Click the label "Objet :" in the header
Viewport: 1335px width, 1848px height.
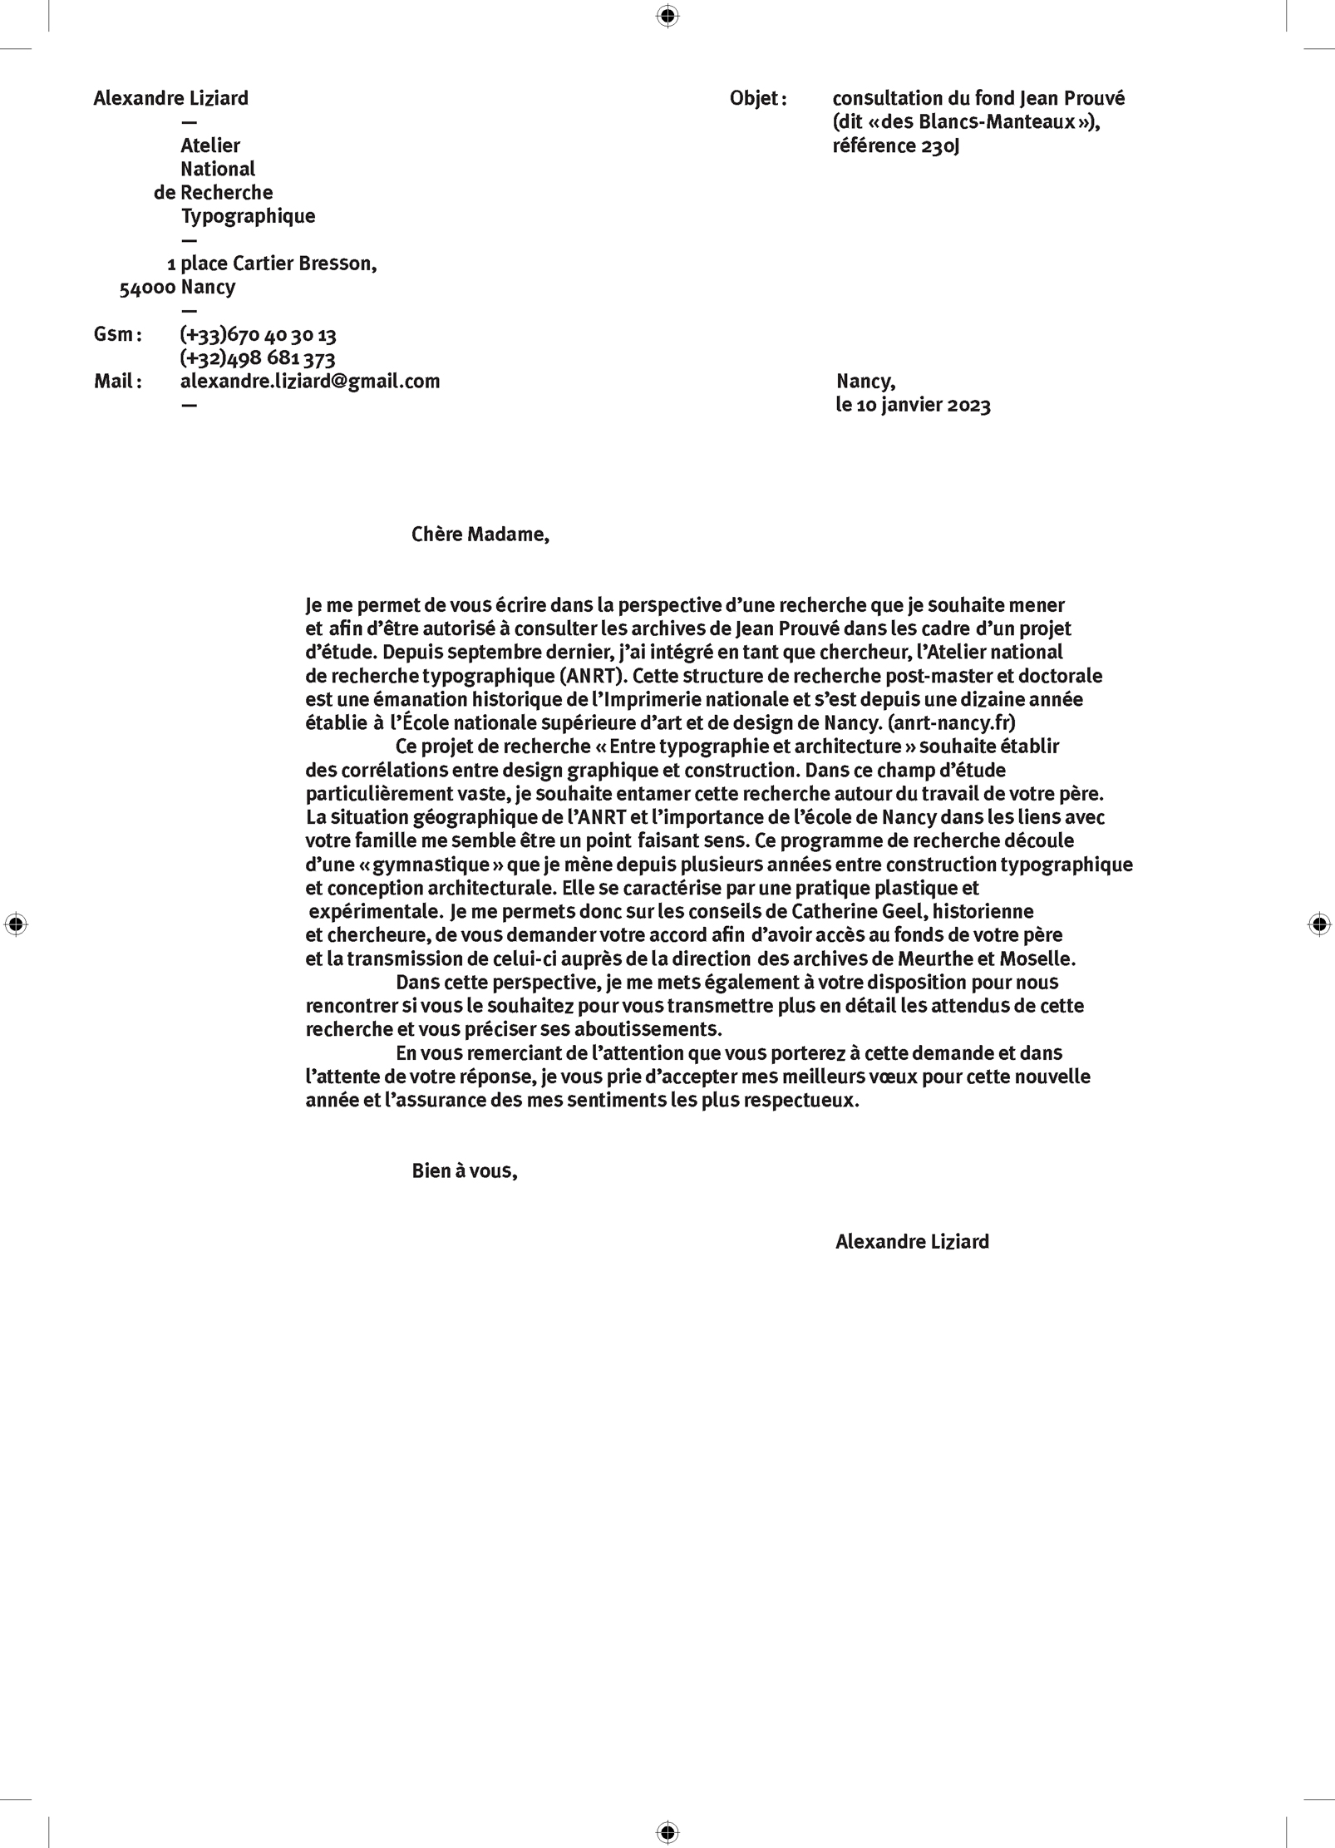pyautogui.click(x=757, y=99)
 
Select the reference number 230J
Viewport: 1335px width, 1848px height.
pyautogui.click(x=940, y=146)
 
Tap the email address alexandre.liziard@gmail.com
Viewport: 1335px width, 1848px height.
pyautogui.click(x=310, y=382)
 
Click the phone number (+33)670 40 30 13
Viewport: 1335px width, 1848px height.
pyautogui.click(x=258, y=335)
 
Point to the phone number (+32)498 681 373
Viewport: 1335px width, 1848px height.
pyautogui.click(x=258, y=358)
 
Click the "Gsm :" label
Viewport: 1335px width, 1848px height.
pyautogui.click(x=117, y=335)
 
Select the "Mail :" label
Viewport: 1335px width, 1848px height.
pyautogui.click(x=117, y=382)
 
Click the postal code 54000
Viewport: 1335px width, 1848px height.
pyautogui.click(x=147, y=288)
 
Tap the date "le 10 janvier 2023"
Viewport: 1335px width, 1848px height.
pyautogui.click(x=913, y=405)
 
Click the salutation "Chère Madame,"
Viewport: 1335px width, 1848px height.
pyautogui.click(x=480, y=535)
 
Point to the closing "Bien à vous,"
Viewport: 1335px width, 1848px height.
pyautogui.click(x=465, y=1171)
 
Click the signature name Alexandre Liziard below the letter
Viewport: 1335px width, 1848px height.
pyautogui.click(x=912, y=1242)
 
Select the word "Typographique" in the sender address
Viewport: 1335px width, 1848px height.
pyautogui.click(x=248, y=216)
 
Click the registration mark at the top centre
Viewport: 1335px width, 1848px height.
pyautogui.click(x=667, y=16)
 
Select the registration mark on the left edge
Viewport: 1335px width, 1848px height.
pyautogui.click(x=16, y=924)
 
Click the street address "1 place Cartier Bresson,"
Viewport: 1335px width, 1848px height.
pyautogui.click(x=272, y=264)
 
